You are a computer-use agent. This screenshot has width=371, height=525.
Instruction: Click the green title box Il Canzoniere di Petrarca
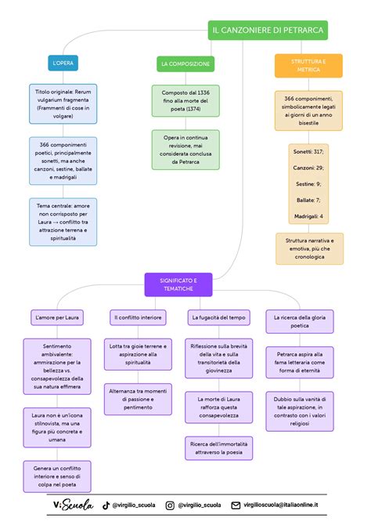268,30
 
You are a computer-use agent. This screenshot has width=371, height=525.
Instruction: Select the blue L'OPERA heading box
63,63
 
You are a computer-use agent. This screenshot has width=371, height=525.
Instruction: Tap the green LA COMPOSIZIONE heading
185,64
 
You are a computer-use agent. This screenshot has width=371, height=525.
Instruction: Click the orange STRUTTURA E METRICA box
308,66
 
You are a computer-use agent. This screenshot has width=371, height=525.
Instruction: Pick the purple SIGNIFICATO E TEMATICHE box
178,284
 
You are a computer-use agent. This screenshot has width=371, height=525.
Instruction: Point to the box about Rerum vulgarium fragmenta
63,103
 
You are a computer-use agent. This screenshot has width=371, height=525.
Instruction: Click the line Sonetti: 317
308,152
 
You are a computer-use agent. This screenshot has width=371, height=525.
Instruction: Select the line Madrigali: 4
308,216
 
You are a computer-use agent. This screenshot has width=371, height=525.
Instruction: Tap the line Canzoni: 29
308,168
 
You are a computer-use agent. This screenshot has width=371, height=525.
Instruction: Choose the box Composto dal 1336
185,101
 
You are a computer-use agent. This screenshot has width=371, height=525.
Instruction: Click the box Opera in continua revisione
185,150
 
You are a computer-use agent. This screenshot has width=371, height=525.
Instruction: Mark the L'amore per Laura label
57,317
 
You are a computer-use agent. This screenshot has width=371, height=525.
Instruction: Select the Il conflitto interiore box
138,317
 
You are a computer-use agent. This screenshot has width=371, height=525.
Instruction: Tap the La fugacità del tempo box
219,317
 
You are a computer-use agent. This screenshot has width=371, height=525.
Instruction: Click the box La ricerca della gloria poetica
300,321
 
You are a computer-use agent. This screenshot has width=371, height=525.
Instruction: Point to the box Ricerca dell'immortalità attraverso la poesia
219,448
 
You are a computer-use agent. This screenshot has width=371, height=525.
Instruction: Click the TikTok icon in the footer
106,505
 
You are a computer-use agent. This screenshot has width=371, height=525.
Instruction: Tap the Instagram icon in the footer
170,505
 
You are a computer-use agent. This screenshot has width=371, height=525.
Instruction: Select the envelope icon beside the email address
236,505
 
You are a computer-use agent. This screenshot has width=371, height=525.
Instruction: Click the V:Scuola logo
74,505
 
